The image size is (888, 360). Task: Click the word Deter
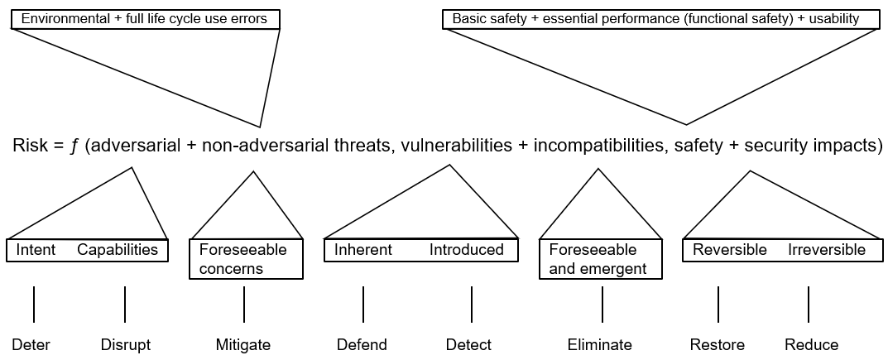click(x=31, y=345)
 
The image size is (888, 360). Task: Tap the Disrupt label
click(x=126, y=345)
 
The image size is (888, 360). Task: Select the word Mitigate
click(x=243, y=345)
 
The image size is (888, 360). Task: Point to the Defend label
click(x=362, y=345)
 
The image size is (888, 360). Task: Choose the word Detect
click(x=468, y=345)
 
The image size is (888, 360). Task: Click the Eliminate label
click(x=599, y=345)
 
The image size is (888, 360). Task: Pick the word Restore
click(x=717, y=345)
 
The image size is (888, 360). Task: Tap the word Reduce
click(x=811, y=345)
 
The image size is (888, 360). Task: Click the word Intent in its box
click(x=36, y=250)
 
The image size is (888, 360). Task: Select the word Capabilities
click(x=118, y=250)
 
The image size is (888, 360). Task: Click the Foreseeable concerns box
click(x=247, y=259)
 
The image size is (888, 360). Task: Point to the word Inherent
click(x=363, y=250)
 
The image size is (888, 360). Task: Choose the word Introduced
click(x=466, y=250)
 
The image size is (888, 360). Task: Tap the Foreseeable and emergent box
click(x=601, y=259)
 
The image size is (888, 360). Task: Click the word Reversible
click(x=730, y=250)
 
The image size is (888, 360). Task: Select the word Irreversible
click(x=826, y=250)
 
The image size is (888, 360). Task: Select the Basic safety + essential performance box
click(x=661, y=18)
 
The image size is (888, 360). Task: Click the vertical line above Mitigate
click(x=244, y=305)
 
